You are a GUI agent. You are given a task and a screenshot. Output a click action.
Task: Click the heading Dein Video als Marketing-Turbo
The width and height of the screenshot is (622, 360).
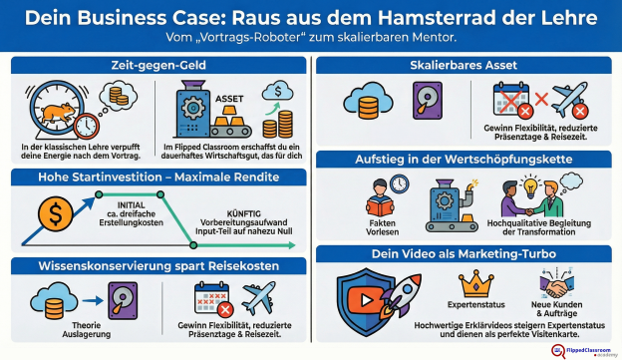point(466,254)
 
